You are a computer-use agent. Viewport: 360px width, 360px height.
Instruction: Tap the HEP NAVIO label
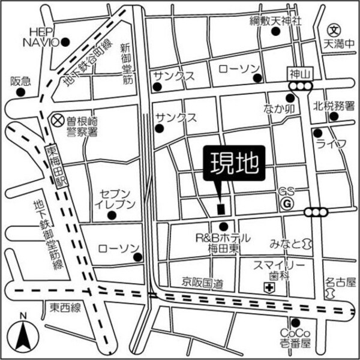click(41, 37)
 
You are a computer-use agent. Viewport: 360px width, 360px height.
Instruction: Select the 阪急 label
click(20, 81)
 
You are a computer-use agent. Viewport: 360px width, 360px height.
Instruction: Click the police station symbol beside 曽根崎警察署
click(57, 120)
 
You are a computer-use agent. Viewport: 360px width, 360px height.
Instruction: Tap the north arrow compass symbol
click(23, 337)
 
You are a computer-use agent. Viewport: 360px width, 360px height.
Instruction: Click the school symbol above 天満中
click(334, 29)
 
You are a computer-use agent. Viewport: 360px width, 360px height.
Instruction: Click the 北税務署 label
click(334, 106)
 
